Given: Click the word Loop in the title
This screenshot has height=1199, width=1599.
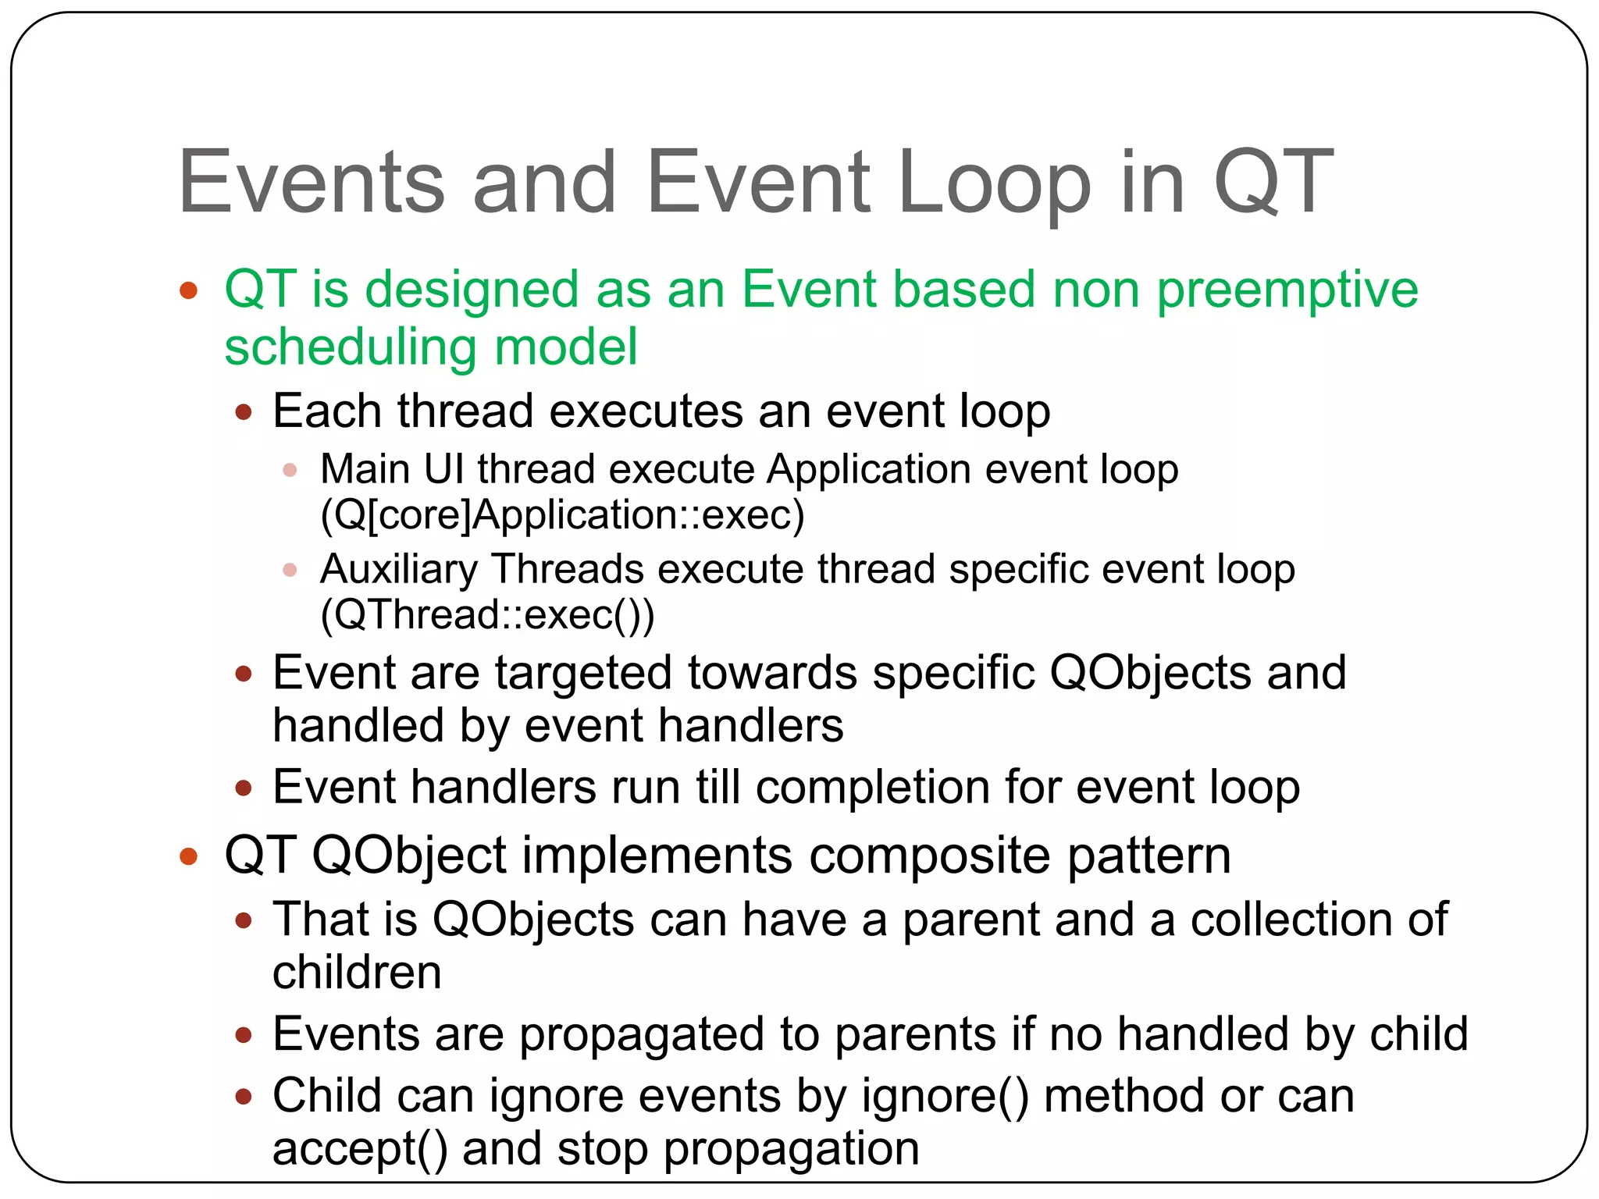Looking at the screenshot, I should [x=994, y=183].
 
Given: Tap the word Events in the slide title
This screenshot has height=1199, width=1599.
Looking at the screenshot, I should [x=312, y=183].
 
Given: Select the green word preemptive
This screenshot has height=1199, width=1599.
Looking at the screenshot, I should [x=1287, y=290].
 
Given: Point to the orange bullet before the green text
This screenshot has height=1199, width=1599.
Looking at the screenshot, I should [x=188, y=291].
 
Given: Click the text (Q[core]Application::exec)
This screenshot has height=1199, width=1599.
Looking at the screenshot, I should [x=562, y=515].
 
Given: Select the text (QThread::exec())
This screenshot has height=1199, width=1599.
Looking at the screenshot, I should [x=487, y=615].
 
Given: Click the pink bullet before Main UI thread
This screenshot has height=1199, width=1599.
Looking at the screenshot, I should [x=290, y=470].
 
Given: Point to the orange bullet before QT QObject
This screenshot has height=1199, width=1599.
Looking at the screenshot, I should [x=188, y=856].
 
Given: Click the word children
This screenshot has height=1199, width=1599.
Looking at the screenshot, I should [x=357, y=973].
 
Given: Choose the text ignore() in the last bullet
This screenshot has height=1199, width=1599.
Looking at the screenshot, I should [x=945, y=1097].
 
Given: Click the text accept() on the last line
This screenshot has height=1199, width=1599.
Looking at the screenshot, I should [x=360, y=1149].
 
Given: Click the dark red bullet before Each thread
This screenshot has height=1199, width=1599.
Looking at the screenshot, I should [x=244, y=411].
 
